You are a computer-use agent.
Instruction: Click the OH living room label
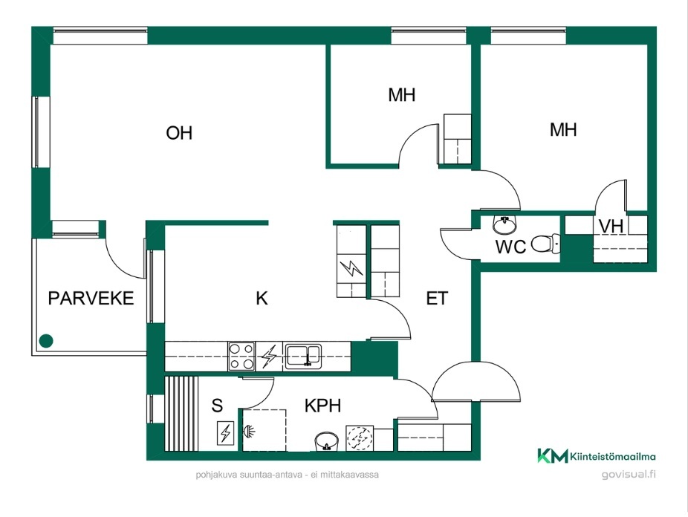point(179,132)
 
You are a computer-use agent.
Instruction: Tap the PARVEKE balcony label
point(91,298)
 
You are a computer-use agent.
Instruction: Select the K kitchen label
point(262,298)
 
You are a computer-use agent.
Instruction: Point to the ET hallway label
point(437,298)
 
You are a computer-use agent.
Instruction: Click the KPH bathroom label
point(322,406)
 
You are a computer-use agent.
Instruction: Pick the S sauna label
point(217,406)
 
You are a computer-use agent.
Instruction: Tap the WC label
point(510,247)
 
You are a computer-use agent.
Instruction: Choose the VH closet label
point(611,227)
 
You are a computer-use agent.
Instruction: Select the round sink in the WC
point(504,224)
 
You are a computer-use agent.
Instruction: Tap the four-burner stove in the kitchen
point(241,357)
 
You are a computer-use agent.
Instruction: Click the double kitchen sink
point(303,355)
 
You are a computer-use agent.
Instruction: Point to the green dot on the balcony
point(46,341)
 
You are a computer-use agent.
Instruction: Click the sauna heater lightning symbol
point(226,433)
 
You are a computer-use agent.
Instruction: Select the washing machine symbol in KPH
point(360,438)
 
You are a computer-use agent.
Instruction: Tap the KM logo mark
point(553,456)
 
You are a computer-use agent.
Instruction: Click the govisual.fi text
point(629,474)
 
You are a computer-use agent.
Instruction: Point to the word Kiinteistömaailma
point(614,457)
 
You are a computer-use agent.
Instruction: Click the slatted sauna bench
point(181,413)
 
